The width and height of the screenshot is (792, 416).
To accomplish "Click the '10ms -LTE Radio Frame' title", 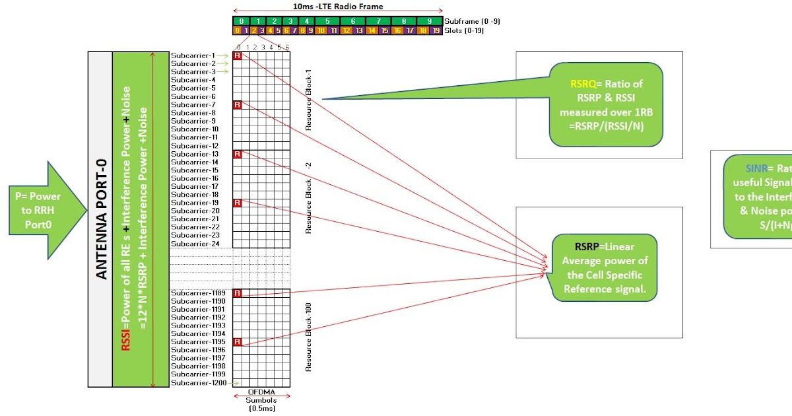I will [x=337, y=7].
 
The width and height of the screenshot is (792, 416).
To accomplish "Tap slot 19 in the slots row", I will [x=436, y=30].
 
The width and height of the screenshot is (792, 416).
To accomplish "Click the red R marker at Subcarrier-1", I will [x=238, y=55].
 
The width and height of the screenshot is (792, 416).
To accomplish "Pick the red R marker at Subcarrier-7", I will [x=238, y=105].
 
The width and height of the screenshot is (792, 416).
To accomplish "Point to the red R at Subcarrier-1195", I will [x=238, y=341].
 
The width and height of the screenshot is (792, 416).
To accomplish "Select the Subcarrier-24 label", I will [x=194, y=244].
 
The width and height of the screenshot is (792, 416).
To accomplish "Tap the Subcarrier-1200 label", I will [x=197, y=383].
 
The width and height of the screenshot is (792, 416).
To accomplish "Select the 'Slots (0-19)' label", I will [x=466, y=30].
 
